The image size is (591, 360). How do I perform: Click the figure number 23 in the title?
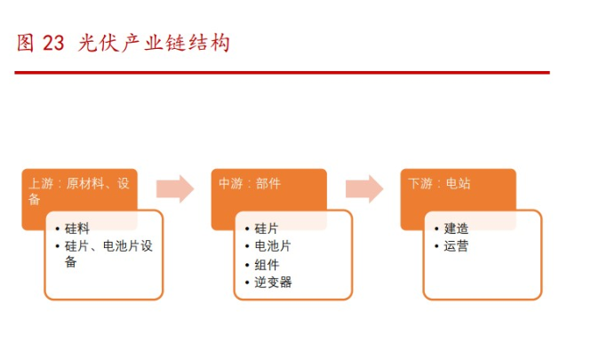click(x=53, y=43)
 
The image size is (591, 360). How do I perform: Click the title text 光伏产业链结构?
click(x=154, y=43)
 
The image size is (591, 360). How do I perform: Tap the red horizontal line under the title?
click(x=282, y=72)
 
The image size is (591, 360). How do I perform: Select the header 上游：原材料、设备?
click(x=79, y=191)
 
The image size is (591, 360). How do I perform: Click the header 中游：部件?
click(x=250, y=184)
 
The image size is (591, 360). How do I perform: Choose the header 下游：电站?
click(x=439, y=184)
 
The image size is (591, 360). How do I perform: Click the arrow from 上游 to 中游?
click(x=175, y=188)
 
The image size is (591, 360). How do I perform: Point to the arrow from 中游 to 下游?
click(x=364, y=188)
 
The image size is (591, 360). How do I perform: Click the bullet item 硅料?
click(x=77, y=228)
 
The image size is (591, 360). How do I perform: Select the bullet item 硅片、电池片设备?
click(x=108, y=253)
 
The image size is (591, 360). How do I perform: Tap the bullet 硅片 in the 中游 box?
click(x=267, y=228)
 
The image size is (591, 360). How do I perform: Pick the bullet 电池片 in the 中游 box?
click(x=273, y=246)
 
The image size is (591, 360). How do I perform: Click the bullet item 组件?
click(x=267, y=265)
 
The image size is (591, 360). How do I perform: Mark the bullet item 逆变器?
click(x=273, y=283)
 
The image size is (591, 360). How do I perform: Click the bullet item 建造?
click(x=456, y=228)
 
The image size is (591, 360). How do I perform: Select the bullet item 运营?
click(x=456, y=246)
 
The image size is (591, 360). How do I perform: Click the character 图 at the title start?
click(x=25, y=43)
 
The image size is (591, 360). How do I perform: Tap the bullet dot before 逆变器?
click(x=247, y=283)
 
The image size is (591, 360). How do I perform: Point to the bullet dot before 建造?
click(x=436, y=228)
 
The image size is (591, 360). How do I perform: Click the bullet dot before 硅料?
click(x=57, y=228)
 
